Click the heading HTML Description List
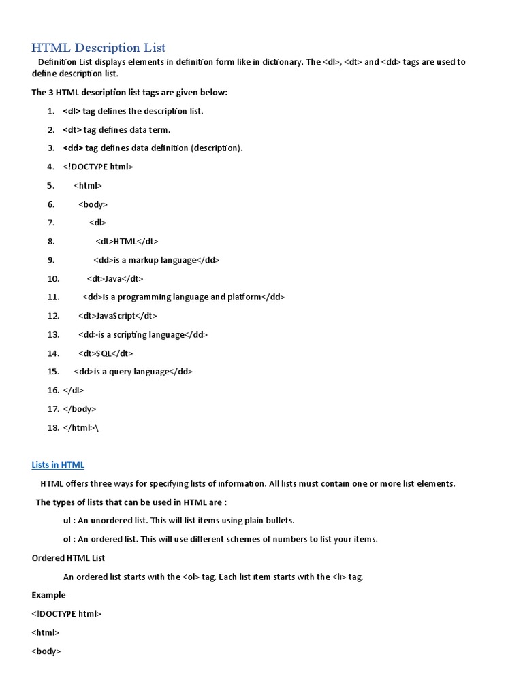click(x=99, y=48)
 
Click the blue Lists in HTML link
click(x=58, y=465)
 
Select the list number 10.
click(x=54, y=278)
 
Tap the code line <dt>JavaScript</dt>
click(x=118, y=316)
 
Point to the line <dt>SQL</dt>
click(x=106, y=353)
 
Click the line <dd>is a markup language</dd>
click(x=157, y=260)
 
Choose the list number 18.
click(x=54, y=427)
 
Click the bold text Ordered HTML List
click(x=68, y=558)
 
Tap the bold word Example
click(x=48, y=595)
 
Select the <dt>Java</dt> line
click(x=115, y=278)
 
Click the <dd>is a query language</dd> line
click(x=133, y=372)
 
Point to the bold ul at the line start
click(x=67, y=521)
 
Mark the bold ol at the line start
click(x=67, y=539)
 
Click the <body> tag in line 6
click(x=93, y=204)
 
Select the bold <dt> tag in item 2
click(x=72, y=130)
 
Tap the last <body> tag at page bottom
click(x=46, y=651)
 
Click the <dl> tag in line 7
click(x=97, y=223)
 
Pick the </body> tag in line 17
click(x=80, y=409)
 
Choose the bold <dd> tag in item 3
click(x=73, y=148)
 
